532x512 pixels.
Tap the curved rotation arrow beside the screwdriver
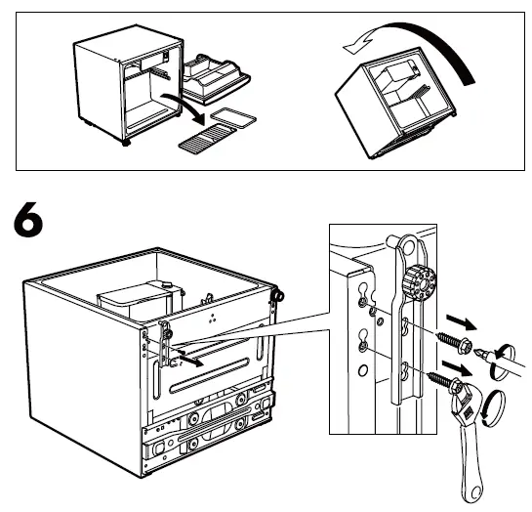[503, 350]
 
